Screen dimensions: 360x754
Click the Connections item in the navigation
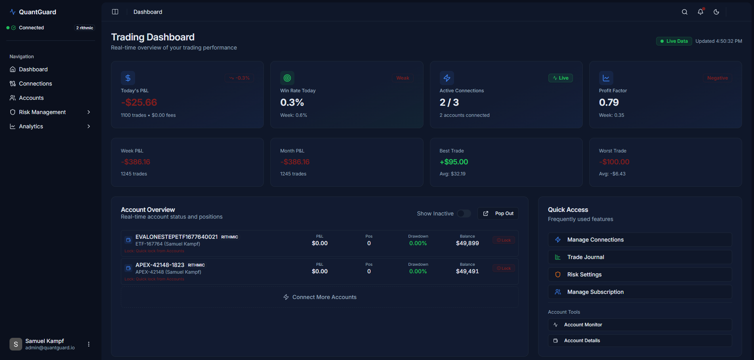[35, 84]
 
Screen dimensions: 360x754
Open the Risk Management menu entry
[42, 112]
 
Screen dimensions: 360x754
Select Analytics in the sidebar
[31, 126]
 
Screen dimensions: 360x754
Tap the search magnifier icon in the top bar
[684, 12]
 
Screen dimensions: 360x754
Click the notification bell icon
[700, 12]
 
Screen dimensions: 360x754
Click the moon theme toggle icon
[716, 12]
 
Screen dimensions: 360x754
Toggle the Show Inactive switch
[464, 213]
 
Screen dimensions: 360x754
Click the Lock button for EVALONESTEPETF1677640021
[504, 240]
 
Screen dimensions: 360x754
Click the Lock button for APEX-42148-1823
[504, 268]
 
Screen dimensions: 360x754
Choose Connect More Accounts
[320, 297]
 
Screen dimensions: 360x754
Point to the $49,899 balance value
[467, 243]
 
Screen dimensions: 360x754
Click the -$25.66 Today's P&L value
[139, 103]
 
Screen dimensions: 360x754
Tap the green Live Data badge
[674, 41]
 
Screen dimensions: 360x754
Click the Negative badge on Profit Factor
[717, 78]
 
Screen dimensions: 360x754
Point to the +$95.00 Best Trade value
[454, 162]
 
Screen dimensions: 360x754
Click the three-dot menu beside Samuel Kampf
[89, 344]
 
